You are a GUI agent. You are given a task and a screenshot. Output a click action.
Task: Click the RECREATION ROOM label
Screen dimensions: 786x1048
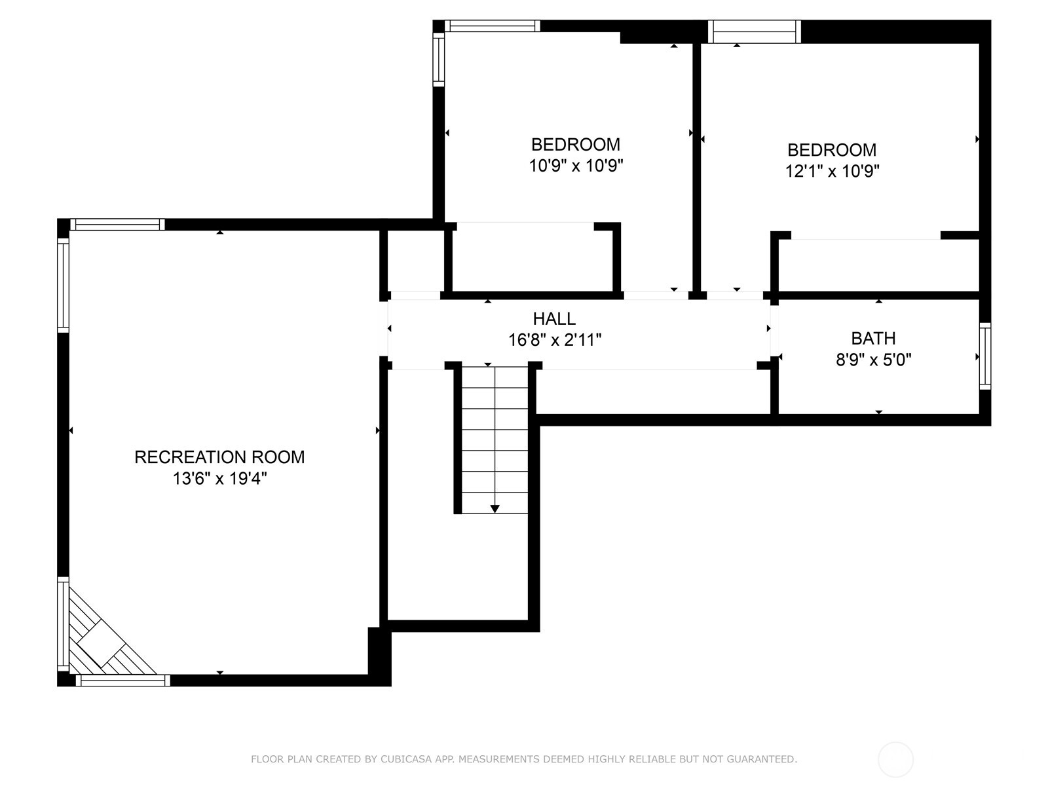tap(219, 457)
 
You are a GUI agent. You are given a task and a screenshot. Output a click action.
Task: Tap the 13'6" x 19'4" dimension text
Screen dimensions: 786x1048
tap(219, 479)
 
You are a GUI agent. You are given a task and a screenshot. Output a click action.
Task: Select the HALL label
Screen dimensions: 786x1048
tap(554, 319)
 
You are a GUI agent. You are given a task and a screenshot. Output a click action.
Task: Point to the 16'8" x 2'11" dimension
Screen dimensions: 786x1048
tap(554, 340)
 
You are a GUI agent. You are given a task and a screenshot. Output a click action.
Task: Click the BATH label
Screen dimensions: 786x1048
tap(873, 339)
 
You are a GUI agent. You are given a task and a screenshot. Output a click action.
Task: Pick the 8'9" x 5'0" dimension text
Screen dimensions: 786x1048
tap(873, 360)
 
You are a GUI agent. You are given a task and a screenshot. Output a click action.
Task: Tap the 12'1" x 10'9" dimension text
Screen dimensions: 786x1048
tap(832, 172)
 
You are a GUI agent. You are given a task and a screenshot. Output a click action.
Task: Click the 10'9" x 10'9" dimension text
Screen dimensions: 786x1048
tap(576, 166)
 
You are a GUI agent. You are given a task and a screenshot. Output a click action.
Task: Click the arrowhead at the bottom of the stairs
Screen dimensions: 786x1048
tap(495, 509)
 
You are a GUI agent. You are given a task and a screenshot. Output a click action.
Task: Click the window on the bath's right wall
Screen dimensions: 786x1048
tap(984, 356)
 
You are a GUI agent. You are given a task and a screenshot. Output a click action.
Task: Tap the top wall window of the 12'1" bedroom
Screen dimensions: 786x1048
tap(755, 31)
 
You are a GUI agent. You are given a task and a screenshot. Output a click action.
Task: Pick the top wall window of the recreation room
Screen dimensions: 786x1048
tap(118, 225)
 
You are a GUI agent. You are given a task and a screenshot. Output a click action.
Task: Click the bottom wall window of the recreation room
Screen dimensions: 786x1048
tap(123, 681)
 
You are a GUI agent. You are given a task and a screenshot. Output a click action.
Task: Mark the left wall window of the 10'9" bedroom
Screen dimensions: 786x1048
tap(438, 59)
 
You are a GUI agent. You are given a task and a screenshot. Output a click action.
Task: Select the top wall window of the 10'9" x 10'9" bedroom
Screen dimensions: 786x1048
tap(493, 26)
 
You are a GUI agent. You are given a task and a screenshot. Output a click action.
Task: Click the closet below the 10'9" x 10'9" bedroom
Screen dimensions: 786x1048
tap(532, 259)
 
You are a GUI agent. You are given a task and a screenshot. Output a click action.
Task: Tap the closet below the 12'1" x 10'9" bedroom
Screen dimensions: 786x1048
tap(878, 265)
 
